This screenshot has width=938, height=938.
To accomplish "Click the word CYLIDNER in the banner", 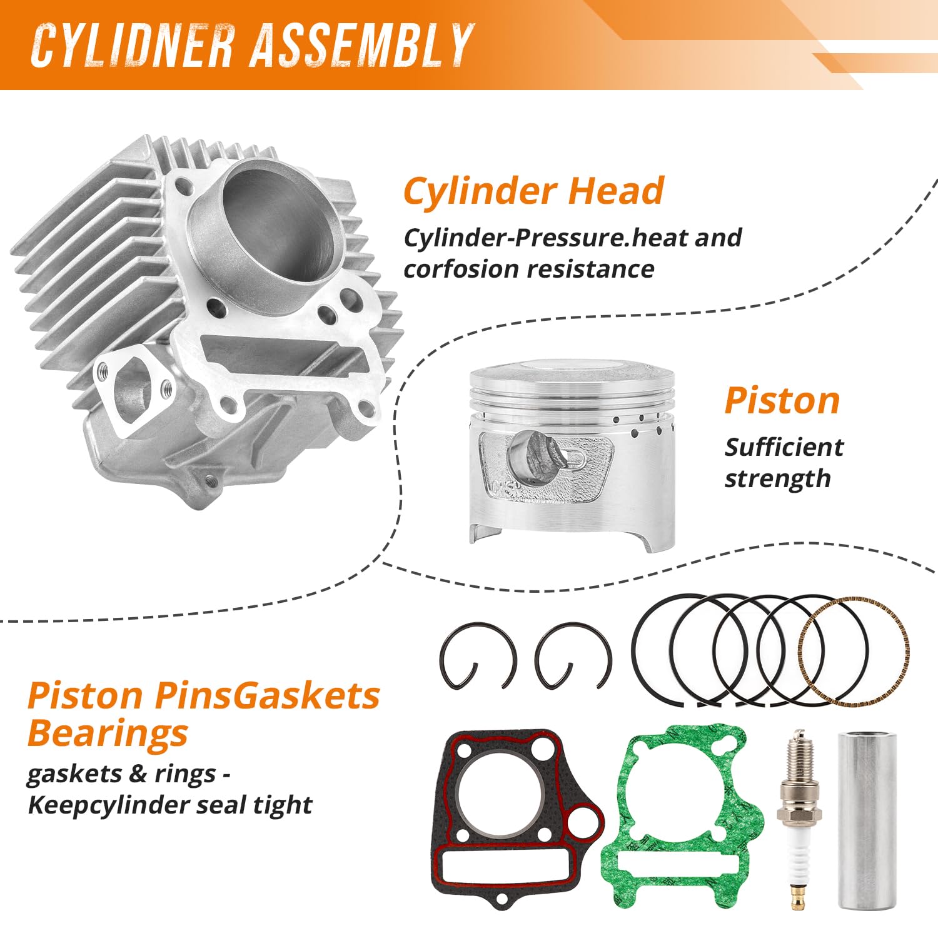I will (x=132, y=45).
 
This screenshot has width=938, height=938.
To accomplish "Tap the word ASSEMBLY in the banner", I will (x=361, y=45).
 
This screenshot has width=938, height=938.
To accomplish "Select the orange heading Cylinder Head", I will (x=533, y=191).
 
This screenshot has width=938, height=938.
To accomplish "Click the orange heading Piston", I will (x=782, y=400).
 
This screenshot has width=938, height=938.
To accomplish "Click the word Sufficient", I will (x=784, y=448).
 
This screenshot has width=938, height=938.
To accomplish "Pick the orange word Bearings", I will (x=108, y=733).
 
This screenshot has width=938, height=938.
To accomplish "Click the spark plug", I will (x=796, y=813).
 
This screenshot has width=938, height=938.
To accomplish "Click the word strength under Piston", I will (x=777, y=479).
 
